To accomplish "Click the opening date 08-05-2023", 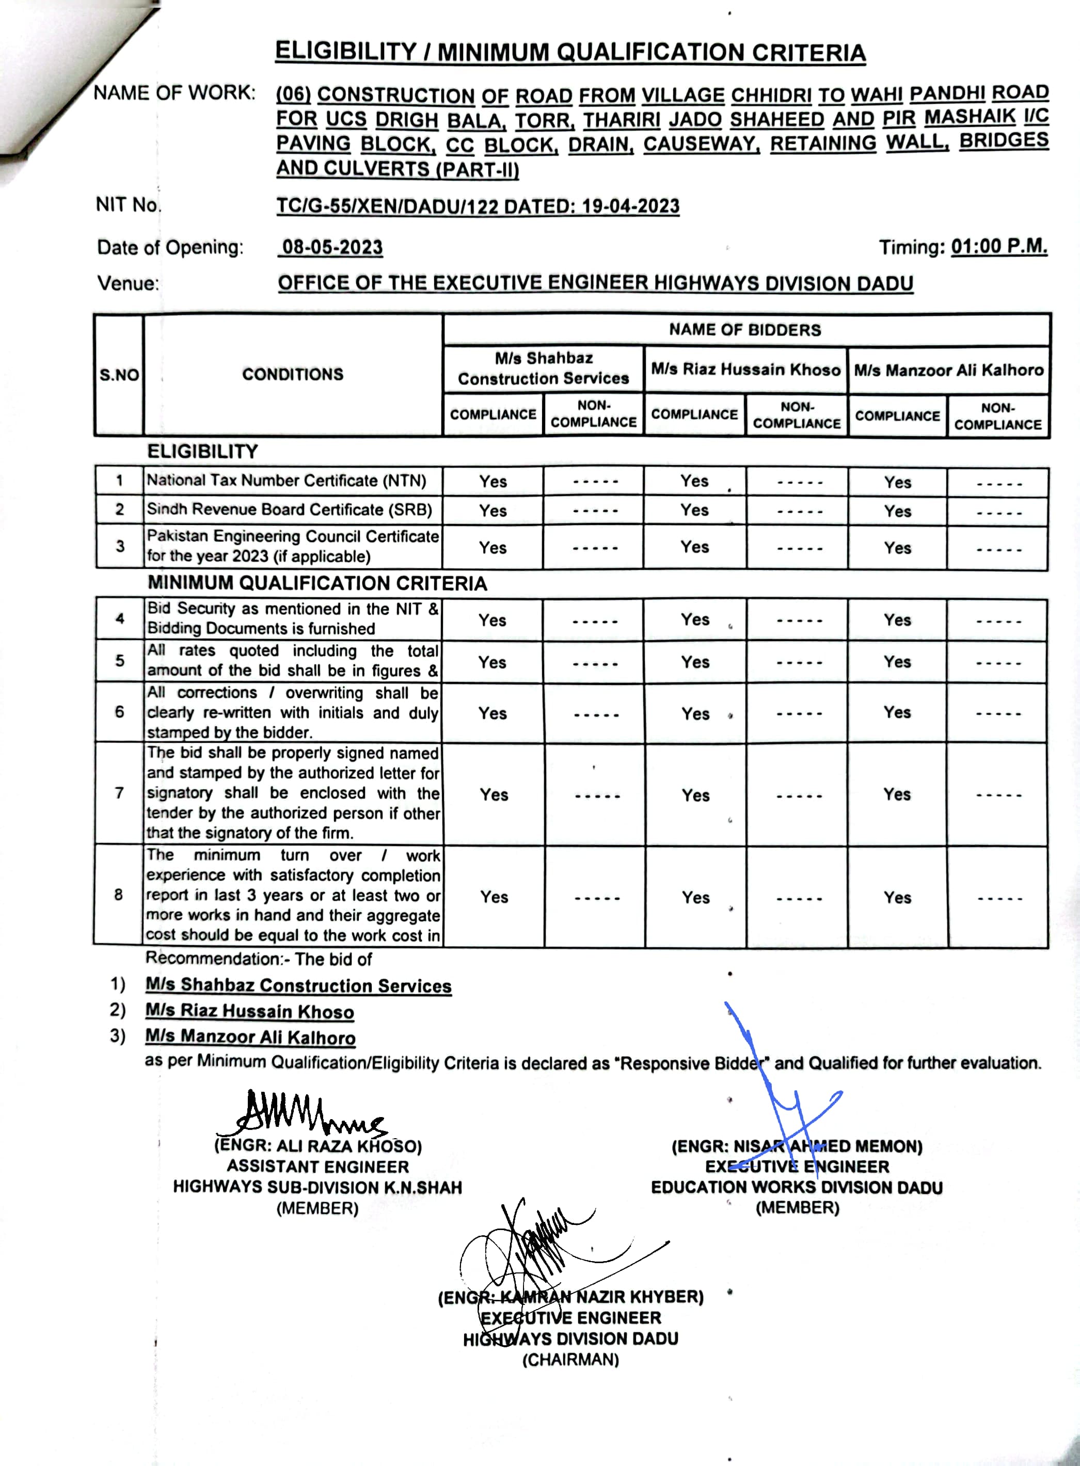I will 332,248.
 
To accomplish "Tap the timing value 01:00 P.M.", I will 998,247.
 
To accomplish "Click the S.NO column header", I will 119,375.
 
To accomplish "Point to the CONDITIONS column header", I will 292,375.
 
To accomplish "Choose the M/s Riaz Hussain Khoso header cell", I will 745,370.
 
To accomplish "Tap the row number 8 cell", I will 118,895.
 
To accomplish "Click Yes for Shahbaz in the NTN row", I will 493,482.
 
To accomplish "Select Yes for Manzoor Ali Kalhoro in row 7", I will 897,795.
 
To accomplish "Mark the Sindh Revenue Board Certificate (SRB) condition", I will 289,510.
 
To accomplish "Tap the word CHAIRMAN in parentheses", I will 570,1360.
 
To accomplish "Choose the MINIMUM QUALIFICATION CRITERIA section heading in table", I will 317,584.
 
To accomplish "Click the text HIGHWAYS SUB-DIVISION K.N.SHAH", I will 317,1188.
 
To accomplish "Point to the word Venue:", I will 128,284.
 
